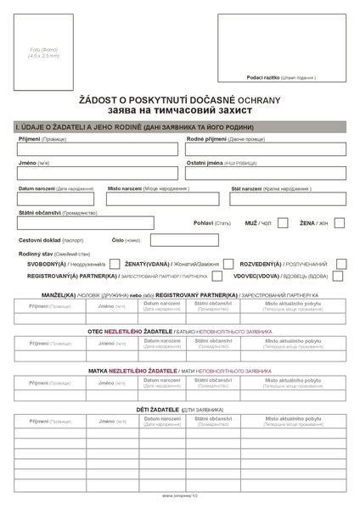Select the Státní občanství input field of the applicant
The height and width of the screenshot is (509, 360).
point(85,222)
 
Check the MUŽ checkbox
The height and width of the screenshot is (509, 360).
point(283,222)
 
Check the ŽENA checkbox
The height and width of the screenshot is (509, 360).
point(339,222)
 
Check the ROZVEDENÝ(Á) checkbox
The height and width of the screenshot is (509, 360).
point(339,264)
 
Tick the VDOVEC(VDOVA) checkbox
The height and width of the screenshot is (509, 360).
point(339,276)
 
